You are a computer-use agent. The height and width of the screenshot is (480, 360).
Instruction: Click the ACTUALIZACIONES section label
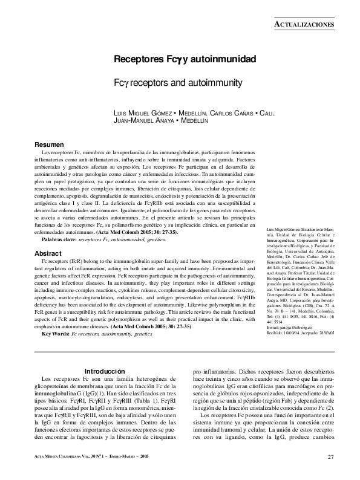click(x=304, y=24)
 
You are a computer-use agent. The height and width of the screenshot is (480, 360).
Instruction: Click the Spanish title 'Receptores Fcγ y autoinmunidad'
click(x=185, y=59)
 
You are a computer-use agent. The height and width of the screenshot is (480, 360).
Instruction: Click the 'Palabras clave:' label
click(x=59, y=239)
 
